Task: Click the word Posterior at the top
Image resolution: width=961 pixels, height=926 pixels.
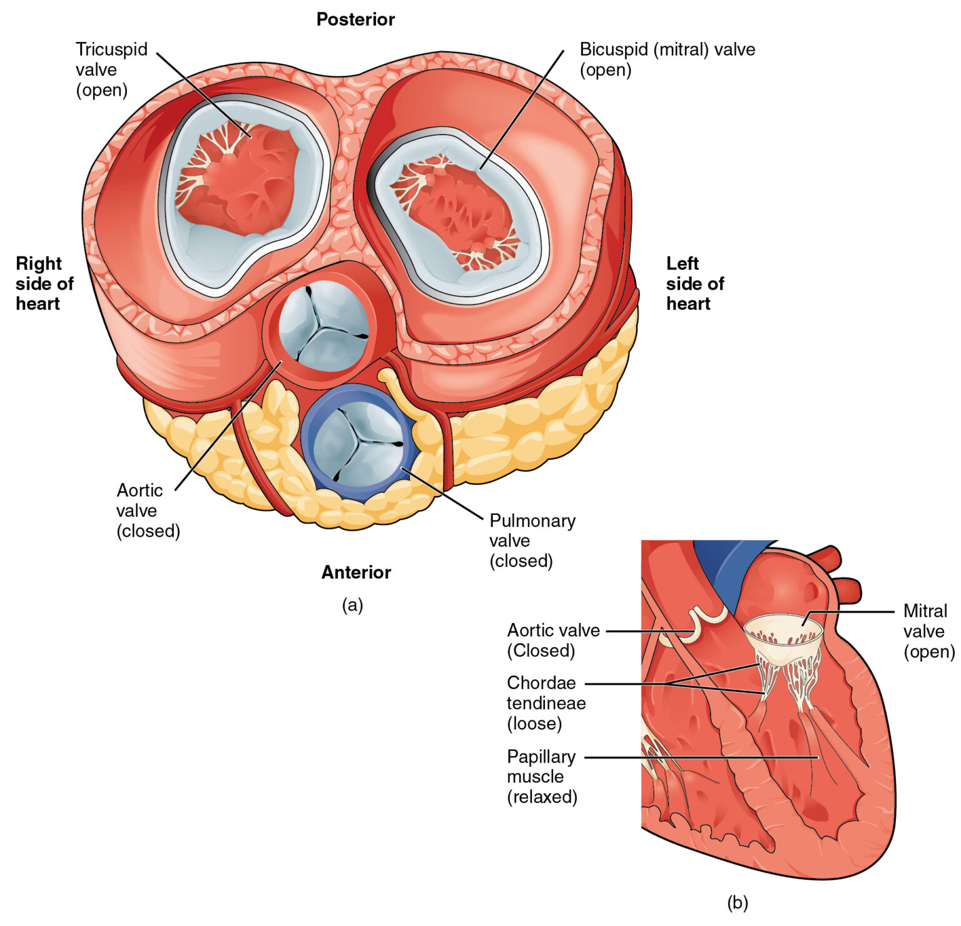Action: tap(355, 19)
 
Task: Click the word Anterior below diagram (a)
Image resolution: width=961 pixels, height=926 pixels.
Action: tap(356, 572)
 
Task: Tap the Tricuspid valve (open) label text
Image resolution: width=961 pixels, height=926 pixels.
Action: tap(111, 69)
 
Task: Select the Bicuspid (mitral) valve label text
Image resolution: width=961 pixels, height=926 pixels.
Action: tap(667, 59)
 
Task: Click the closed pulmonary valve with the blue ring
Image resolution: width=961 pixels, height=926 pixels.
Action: tap(358, 445)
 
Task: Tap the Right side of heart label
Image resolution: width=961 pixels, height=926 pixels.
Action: tap(44, 283)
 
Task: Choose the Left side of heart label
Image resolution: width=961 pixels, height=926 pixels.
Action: tap(694, 283)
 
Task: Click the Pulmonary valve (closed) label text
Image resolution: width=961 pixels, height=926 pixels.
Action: tap(532, 541)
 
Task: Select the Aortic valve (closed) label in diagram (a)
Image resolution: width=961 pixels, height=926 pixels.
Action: tap(148, 511)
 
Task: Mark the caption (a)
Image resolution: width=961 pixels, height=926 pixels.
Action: tap(352, 605)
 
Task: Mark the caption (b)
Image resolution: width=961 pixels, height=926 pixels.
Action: tap(737, 903)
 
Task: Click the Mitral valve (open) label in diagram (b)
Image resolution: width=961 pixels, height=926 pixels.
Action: tap(928, 631)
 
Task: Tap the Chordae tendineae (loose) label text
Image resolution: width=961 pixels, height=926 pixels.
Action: tap(546, 703)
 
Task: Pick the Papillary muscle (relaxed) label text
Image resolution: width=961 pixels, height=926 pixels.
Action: tap(542, 776)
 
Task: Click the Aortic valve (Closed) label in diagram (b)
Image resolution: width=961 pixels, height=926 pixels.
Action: tap(553, 640)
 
